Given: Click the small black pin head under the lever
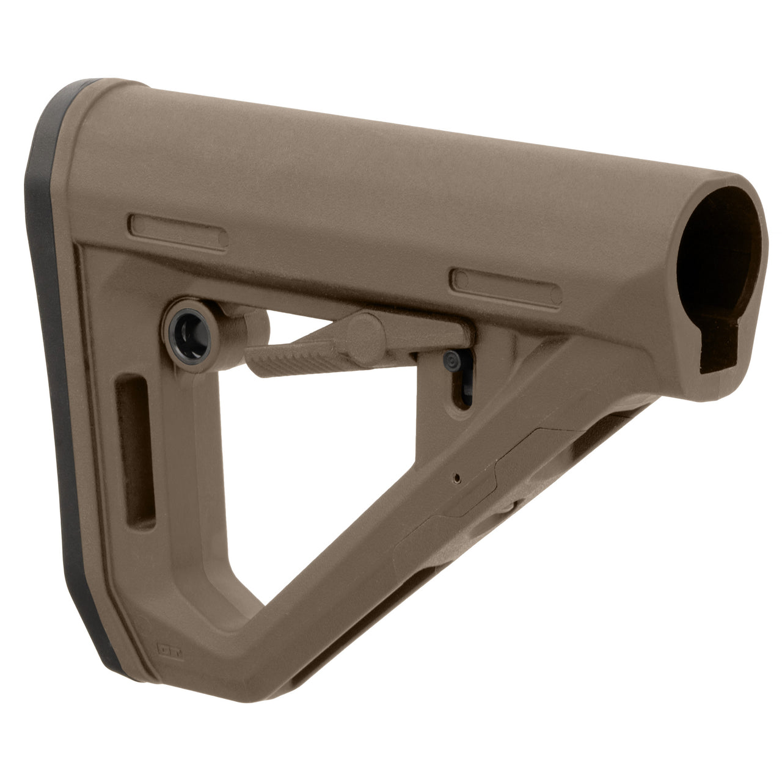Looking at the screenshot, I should click(x=451, y=360).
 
